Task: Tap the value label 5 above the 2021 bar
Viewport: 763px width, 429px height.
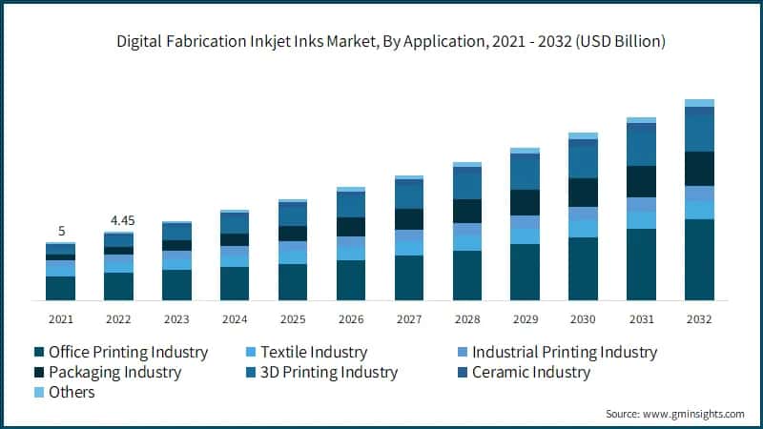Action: pos(60,231)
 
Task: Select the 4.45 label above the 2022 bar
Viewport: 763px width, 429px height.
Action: pos(122,220)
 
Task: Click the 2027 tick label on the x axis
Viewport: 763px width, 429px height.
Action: pos(409,318)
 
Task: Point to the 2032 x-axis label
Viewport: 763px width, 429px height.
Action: pos(699,318)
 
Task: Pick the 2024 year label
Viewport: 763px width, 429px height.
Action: pos(235,318)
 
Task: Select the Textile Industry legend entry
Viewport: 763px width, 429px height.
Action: pos(305,353)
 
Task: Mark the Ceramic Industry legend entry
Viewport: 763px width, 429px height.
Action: pos(524,373)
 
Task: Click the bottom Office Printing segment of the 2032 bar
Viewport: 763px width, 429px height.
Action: pos(699,259)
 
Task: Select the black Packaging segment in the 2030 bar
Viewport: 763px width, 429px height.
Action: pos(583,193)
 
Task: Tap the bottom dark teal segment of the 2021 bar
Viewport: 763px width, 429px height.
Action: pos(60,288)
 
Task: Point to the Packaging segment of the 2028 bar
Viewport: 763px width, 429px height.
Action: pos(466,211)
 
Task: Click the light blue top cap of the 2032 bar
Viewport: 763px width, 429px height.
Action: pos(699,103)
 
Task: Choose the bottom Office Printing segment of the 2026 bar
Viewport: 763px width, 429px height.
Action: pos(351,280)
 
